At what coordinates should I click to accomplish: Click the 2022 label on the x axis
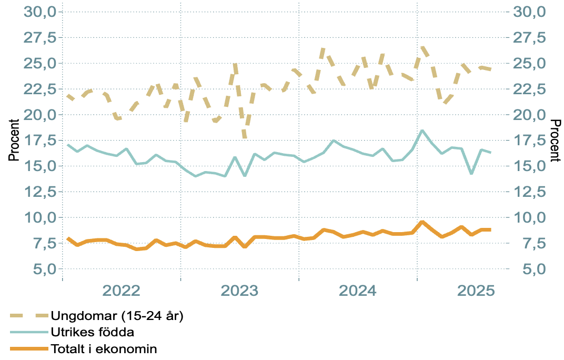tap(122, 291)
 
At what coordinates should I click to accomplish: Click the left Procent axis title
tap(14, 140)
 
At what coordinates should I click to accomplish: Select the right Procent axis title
tap(555, 140)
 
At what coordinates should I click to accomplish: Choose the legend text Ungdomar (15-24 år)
tap(116, 316)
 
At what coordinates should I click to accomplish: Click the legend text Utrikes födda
tap(92, 332)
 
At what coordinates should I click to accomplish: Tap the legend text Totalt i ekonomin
tap(104, 348)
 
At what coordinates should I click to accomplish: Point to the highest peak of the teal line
tap(422, 130)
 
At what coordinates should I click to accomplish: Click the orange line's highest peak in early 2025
tap(422, 222)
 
